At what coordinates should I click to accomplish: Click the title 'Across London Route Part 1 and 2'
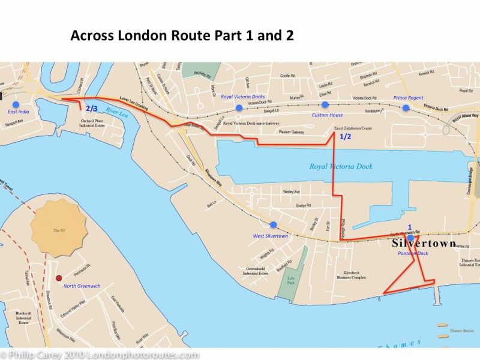(x=182, y=35)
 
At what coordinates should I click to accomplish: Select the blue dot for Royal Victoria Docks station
(x=239, y=107)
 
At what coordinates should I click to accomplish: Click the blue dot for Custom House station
(x=325, y=105)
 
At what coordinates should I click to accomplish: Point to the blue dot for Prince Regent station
(x=406, y=108)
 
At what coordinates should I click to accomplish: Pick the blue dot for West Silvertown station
(x=274, y=225)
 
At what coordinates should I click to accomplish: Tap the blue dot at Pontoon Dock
(x=410, y=238)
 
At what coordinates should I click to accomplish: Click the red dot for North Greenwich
(x=59, y=278)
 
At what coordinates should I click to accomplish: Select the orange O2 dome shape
(x=58, y=230)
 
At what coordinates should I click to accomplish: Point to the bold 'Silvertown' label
(x=424, y=244)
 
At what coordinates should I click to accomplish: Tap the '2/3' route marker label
(x=91, y=109)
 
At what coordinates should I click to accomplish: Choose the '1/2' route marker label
(x=346, y=137)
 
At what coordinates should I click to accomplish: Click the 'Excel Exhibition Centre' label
(x=353, y=128)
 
